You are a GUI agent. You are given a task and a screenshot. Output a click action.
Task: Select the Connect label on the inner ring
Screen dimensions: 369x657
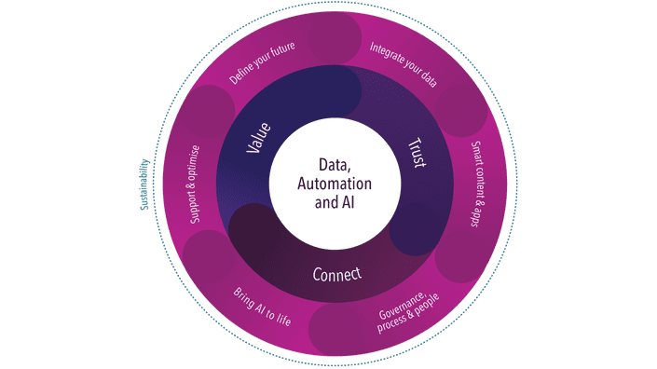pyautogui.click(x=336, y=275)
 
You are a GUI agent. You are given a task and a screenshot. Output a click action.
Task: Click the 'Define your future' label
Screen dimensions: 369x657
pyautogui.click(x=262, y=68)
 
